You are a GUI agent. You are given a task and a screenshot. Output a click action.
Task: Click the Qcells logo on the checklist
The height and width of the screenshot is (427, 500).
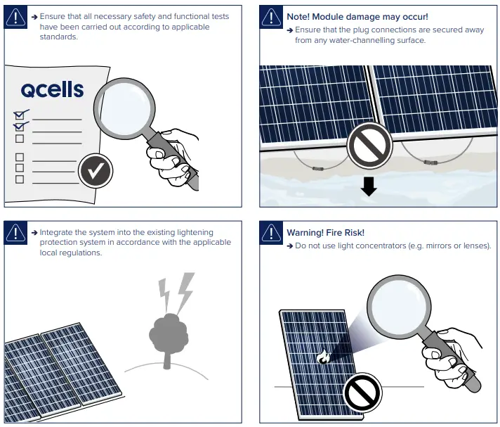coord(52,89)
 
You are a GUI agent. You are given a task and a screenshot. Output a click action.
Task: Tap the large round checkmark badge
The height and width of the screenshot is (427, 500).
coord(96,170)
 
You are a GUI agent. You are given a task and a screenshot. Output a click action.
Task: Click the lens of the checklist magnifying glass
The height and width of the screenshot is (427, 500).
coord(125,108)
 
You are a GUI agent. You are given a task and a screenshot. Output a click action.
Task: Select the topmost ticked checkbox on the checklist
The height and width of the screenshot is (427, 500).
coord(20,115)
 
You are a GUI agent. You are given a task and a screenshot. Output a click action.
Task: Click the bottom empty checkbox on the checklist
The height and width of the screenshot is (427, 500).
coord(20,179)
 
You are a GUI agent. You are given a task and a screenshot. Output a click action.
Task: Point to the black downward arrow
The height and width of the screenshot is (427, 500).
coord(369,186)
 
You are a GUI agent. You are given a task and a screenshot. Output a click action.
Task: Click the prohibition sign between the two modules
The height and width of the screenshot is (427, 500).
coord(369,146)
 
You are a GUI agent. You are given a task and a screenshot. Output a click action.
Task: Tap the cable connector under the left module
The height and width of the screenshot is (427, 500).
coord(318,169)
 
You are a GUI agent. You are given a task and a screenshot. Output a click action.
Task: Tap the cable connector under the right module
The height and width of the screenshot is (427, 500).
coord(430,162)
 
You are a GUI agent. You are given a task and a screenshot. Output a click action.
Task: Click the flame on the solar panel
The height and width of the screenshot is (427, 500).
coord(323,357)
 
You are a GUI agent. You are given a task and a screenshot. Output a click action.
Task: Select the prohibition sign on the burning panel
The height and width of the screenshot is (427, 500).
coord(363,393)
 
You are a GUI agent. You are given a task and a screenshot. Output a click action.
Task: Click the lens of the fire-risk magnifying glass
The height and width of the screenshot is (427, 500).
coord(399,307)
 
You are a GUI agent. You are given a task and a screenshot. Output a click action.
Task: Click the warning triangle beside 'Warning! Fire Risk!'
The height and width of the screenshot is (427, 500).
coord(271,233)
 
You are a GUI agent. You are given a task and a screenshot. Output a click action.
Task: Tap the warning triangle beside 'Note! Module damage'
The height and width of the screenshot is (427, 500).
coord(271,17)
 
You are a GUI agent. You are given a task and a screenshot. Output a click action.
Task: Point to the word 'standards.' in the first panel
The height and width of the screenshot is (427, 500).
coord(59,37)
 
